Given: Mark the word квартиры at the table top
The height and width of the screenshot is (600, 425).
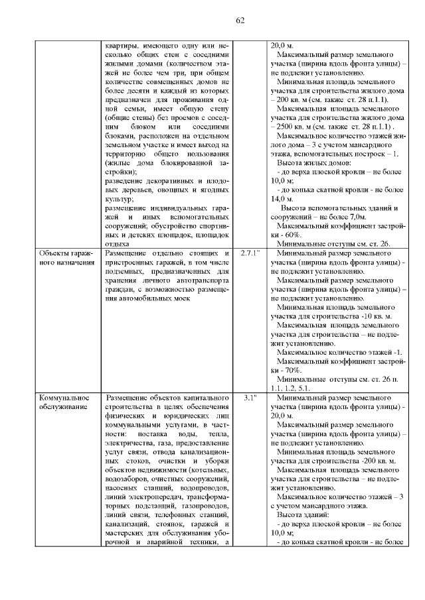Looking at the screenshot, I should (122, 46).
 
